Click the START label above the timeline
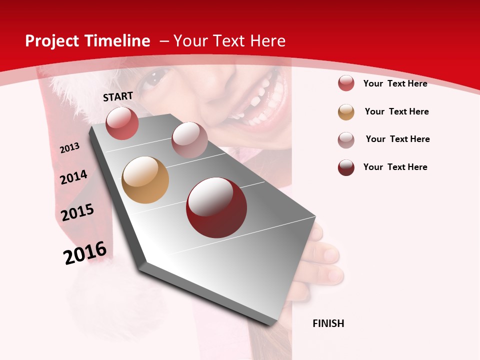click(x=118, y=96)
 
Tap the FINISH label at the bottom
click(x=328, y=323)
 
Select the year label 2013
click(x=69, y=148)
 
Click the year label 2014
click(x=73, y=177)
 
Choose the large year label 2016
click(x=85, y=253)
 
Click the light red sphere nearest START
click(x=122, y=123)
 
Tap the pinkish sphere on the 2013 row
click(x=189, y=140)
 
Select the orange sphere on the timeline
click(x=145, y=180)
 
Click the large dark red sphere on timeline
click(x=216, y=207)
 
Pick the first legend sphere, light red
click(x=346, y=83)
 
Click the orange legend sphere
click(x=346, y=112)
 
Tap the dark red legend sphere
click(x=346, y=167)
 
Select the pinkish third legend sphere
click(x=346, y=140)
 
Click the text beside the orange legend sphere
click(x=396, y=111)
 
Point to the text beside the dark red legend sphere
click(x=395, y=167)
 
